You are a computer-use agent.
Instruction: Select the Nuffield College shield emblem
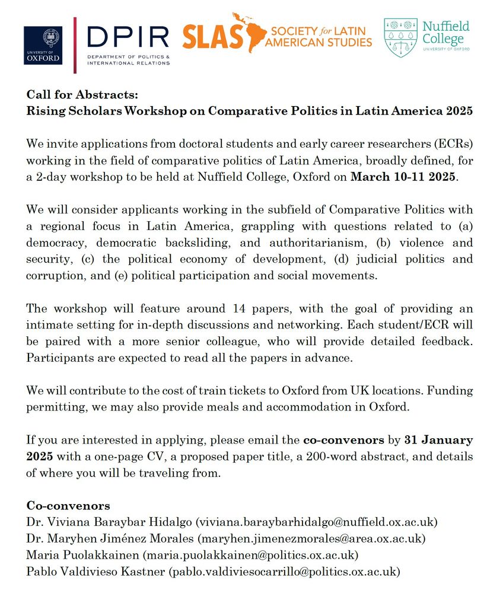click(400, 37)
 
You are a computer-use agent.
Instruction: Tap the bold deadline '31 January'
click(438, 440)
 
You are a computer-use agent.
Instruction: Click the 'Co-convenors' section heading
click(68, 506)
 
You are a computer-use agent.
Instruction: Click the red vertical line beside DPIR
click(75, 46)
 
